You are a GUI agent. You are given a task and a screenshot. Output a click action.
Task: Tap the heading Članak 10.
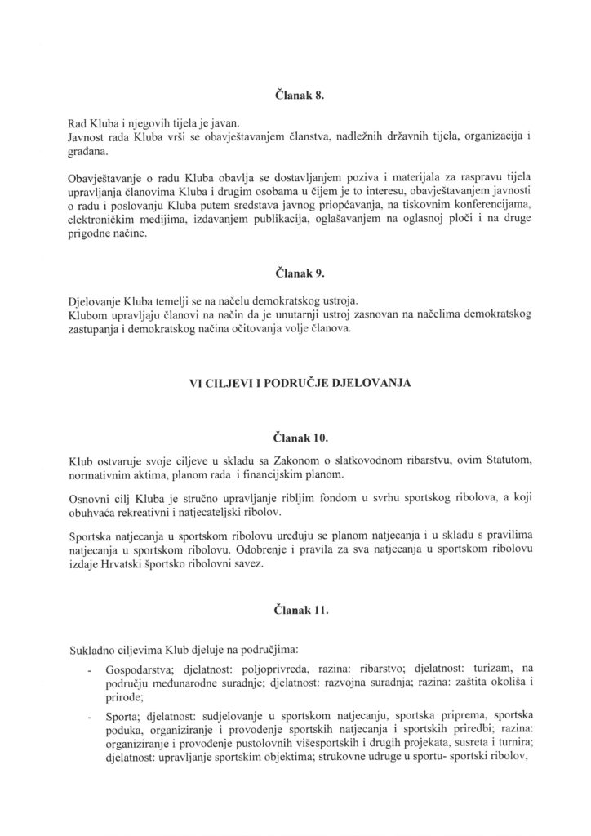point(295,438)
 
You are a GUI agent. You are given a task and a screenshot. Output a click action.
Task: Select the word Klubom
point(86,313)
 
